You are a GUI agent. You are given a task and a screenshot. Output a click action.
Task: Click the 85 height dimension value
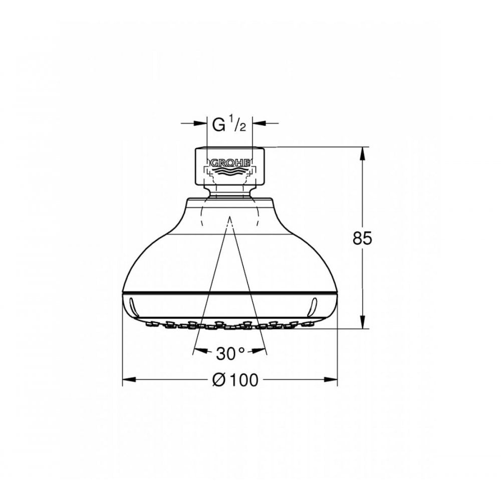coord(362,239)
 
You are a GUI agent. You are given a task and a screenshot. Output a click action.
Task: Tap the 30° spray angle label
coord(229,354)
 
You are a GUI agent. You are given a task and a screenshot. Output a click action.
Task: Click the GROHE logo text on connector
coord(229,163)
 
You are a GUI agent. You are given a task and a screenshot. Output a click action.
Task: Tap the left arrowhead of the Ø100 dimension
coord(128,380)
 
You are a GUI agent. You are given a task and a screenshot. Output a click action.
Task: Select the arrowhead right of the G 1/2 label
coord(258,123)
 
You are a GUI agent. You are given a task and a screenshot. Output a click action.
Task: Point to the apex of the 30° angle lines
coord(229,219)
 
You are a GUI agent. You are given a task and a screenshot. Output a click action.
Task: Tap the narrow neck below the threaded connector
coord(229,193)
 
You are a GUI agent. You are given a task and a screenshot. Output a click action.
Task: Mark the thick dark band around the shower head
coord(229,292)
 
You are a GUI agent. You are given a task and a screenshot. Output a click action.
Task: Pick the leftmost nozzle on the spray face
coord(149,325)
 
